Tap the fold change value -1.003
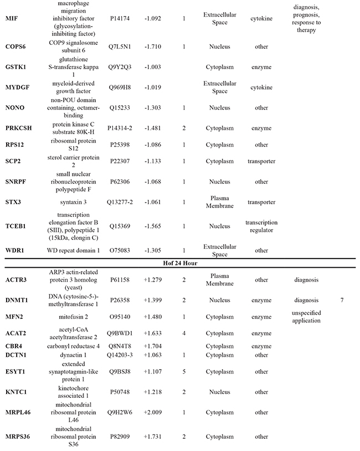point(152,67)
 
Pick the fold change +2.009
point(152,412)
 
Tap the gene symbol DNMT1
point(17,300)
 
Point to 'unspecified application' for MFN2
point(307,317)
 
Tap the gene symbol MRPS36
point(18,437)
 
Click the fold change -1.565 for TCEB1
point(152,226)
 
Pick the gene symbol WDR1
point(14,250)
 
